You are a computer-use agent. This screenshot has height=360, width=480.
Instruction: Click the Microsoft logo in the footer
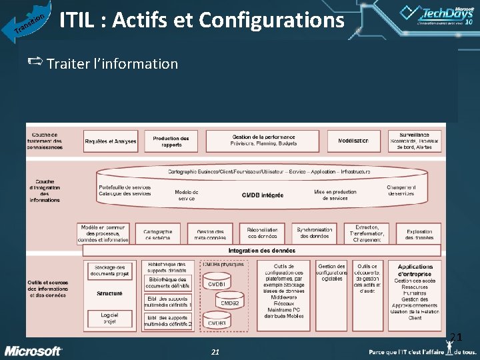coord(34,351)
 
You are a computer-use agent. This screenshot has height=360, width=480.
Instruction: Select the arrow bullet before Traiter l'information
coord(36,63)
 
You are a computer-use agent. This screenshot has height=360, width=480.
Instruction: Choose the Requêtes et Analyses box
coord(111,141)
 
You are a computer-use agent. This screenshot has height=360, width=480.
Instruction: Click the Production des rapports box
coord(171,141)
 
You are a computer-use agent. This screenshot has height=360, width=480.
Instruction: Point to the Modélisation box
coord(353,141)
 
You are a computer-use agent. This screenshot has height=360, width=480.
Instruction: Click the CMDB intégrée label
coord(262,195)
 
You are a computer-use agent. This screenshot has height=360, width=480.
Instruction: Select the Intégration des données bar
coord(261,250)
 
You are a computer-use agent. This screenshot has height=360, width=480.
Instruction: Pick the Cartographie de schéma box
coord(158,234)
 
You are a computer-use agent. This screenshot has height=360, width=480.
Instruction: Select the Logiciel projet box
coord(109,317)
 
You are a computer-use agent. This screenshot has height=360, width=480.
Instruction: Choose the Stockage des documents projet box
coord(109,271)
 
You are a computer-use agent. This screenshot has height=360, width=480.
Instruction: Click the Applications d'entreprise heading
coord(415,270)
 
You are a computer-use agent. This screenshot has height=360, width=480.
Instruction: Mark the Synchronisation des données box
coord(314,233)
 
